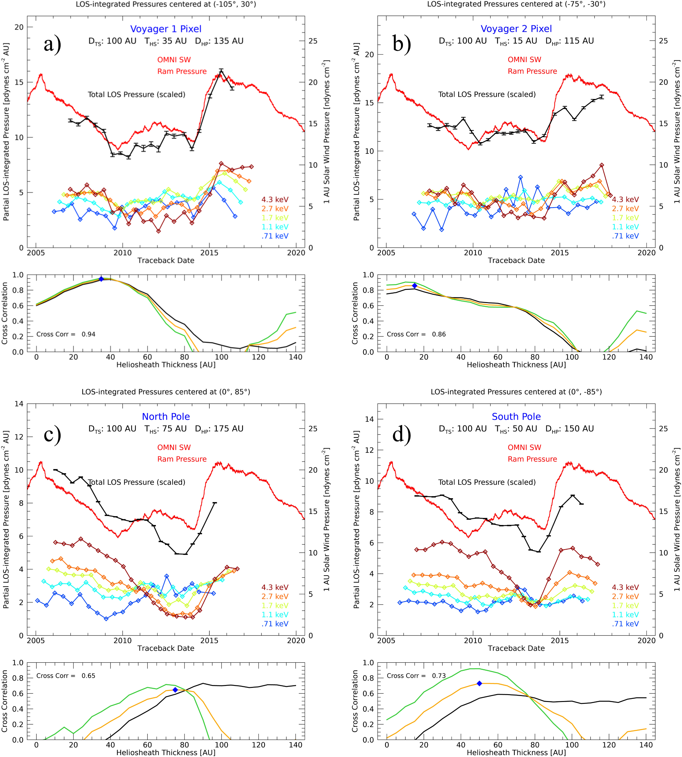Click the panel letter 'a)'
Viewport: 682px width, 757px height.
click(x=52, y=44)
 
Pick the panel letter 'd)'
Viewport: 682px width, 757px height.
click(x=402, y=434)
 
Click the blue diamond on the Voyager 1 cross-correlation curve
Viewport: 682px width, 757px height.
click(x=101, y=279)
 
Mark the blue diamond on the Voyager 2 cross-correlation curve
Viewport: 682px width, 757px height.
click(x=415, y=285)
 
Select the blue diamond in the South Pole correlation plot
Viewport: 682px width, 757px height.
click(x=479, y=683)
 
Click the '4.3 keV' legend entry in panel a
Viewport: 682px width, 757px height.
click(x=275, y=199)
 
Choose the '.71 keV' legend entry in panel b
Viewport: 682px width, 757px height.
click(x=625, y=236)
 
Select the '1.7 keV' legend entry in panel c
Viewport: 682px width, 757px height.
click(x=275, y=605)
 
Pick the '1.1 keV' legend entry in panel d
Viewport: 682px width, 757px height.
click(x=625, y=615)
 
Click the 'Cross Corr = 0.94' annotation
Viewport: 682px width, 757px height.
click(x=66, y=334)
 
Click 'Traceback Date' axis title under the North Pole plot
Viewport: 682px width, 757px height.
click(x=166, y=648)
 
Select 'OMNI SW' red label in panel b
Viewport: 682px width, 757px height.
click(x=524, y=60)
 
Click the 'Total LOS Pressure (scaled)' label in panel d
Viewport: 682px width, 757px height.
click(x=487, y=482)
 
